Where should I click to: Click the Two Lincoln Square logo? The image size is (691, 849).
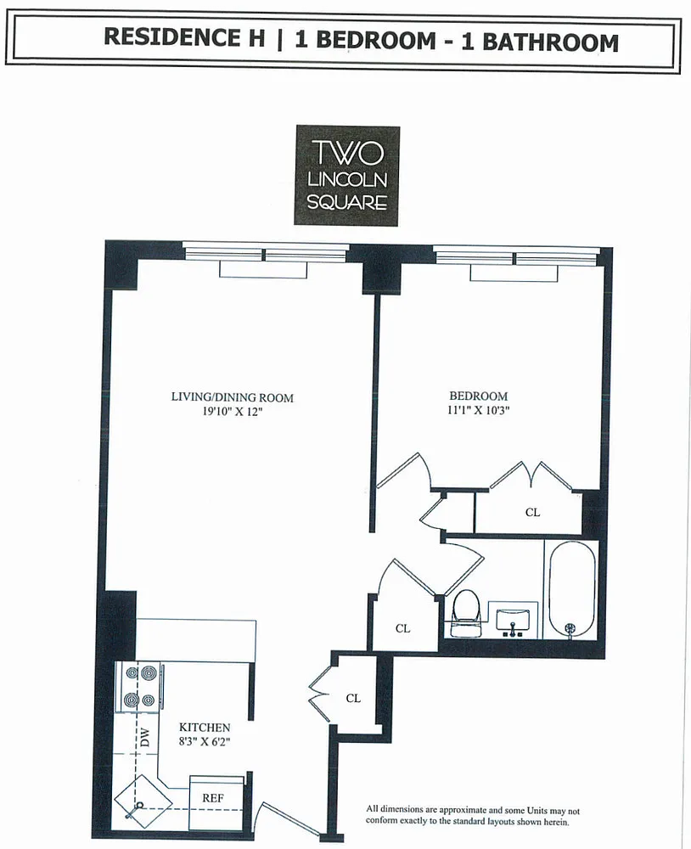tap(347, 176)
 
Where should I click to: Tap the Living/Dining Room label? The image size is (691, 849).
tap(233, 397)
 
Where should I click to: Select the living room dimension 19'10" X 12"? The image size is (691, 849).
tap(233, 412)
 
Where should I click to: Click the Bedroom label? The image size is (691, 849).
tap(479, 396)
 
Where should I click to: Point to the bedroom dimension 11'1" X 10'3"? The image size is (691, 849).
tap(479, 410)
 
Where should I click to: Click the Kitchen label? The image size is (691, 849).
tap(205, 728)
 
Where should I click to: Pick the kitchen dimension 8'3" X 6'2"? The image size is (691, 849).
tap(205, 741)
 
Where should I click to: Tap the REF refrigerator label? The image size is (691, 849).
tap(213, 797)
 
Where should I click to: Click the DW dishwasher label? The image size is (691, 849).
tap(144, 738)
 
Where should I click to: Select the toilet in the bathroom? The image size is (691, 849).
tap(466, 614)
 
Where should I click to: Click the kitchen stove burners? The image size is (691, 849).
tap(140, 687)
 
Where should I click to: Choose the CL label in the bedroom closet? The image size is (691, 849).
tap(533, 512)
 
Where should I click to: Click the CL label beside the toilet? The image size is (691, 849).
tap(403, 628)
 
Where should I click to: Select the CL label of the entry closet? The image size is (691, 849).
tap(353, 699)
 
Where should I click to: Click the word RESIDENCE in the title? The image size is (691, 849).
tap(185, 37)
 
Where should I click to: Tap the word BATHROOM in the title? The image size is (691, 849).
tap(550, 42)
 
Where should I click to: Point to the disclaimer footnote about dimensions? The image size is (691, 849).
tap(473, 815)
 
